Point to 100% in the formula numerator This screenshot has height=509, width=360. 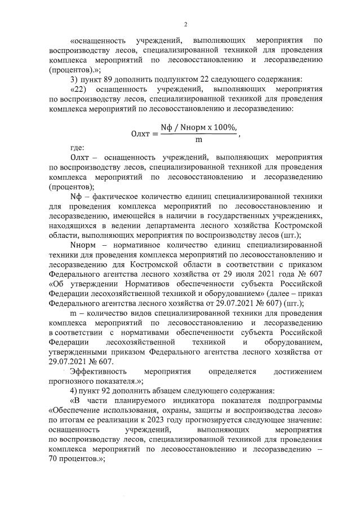221,129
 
